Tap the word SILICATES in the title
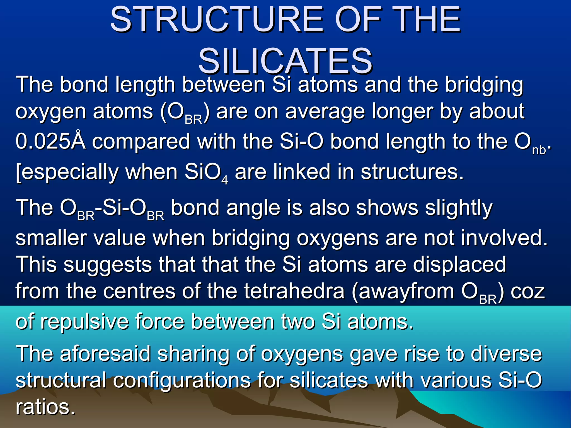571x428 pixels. [x=285, y=61]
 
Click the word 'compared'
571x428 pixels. [x=141, y=142]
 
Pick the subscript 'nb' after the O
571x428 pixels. [x=539, y=150]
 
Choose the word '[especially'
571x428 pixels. [x=67, y=172]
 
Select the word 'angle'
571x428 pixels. [x=253, y=208]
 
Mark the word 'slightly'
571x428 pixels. [x=459, y=208]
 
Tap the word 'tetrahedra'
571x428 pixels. [x=294, y=291]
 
